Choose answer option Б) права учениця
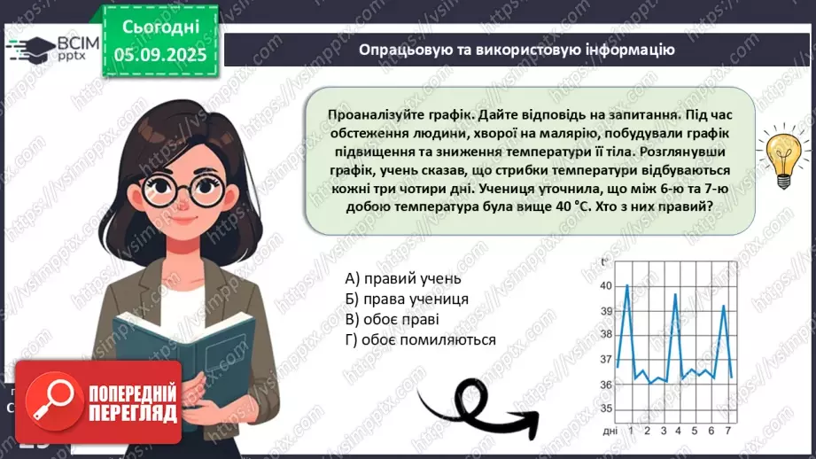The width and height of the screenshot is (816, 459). click(407, 299)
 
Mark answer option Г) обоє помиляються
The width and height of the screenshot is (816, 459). click(421, 340)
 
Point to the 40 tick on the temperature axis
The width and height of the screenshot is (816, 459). click(606, 286)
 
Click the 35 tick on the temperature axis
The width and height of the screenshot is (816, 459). click(606, 409)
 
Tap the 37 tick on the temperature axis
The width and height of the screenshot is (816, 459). click(606, 360)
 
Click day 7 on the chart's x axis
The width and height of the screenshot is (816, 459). click(728, 431)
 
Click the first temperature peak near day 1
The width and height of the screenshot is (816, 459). click(627, 285)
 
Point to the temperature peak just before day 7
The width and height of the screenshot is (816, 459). click(723, 306)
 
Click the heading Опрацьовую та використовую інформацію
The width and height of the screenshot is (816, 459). click(517, 51)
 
